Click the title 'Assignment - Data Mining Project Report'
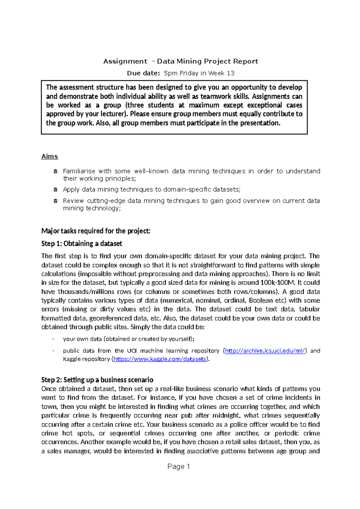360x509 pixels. (181, 62)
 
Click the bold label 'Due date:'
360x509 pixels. (143, 73)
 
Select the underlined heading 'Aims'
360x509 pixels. (49, 156)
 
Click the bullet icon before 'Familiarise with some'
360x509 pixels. (55, 172)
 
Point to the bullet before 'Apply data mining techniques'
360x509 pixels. (55, 190)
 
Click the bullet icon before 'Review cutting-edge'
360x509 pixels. (55, 201)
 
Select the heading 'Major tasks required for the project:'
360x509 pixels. (96, 231)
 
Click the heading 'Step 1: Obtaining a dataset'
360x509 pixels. (82, 243)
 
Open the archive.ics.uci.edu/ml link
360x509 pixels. (265, 351)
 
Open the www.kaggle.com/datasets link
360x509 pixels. (160, 359)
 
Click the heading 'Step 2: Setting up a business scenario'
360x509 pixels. (97, 380)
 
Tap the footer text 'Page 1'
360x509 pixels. (178, 466)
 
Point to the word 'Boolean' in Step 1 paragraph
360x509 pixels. (261, 300)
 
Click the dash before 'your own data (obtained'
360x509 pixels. (53, 339)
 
